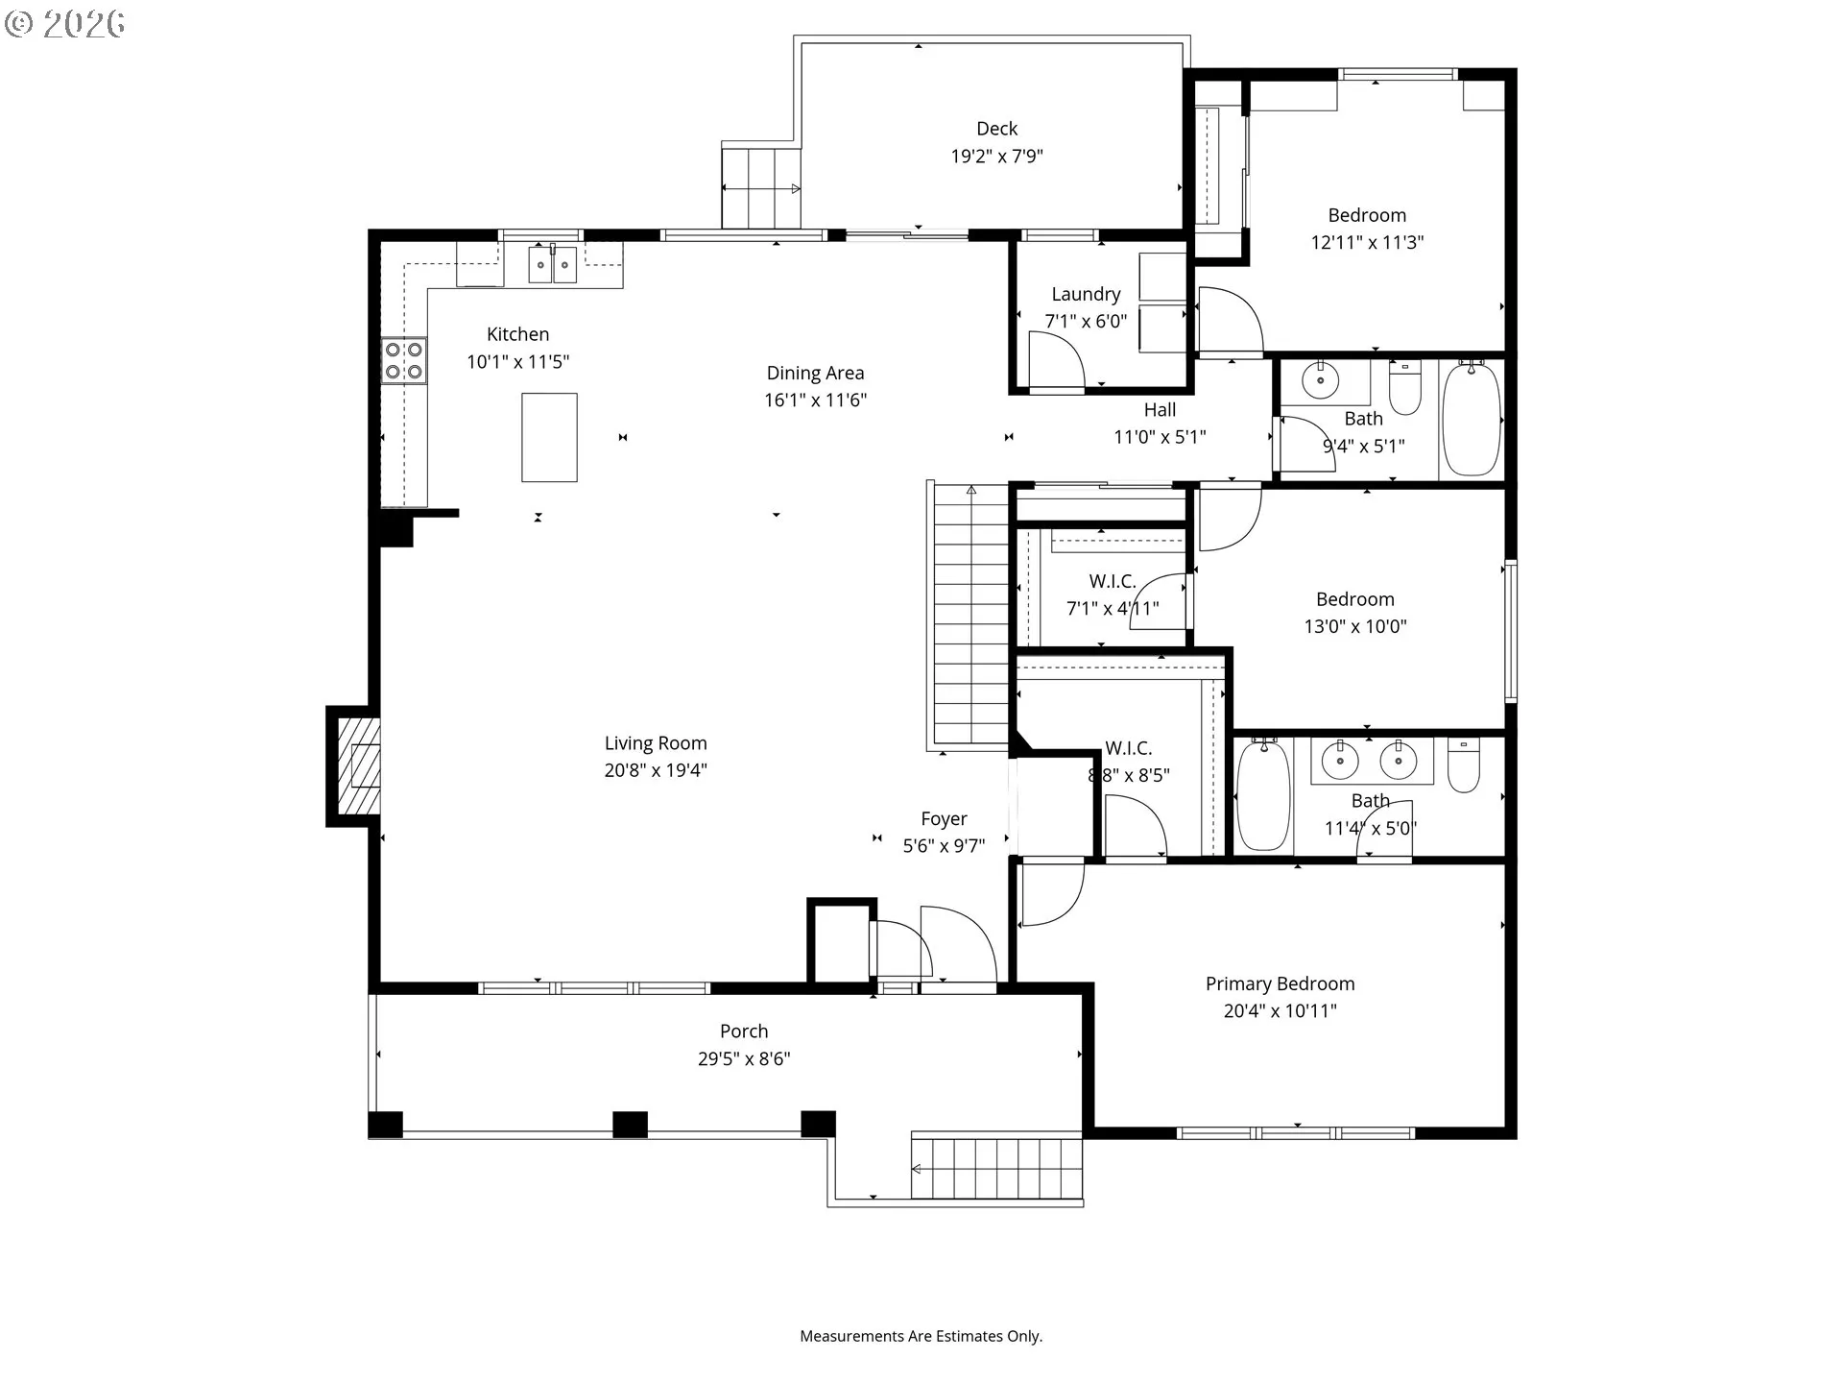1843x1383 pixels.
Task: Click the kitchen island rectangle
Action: [x=549, y=437]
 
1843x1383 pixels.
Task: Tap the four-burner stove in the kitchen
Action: [x=404, y=361]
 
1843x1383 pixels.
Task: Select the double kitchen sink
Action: [x=552, y=264]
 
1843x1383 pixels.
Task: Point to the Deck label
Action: [x=996, y=129]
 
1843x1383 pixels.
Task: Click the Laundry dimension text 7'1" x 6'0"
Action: [x=1086, y=321]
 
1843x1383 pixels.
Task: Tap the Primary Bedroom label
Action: [x=1280, y=983]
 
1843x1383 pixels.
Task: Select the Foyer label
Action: [x=944, y=818]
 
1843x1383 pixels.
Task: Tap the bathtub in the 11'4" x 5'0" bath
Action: [x=1262, y=794]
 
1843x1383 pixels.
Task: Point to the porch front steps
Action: [x=996, y=1168]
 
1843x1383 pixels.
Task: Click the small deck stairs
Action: [x=760, y=188]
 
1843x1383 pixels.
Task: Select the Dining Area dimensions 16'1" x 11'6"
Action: [x=815, y=400]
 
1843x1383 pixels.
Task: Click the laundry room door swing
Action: [x=1055, y=360]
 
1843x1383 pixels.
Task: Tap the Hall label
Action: [x=1160, y=410]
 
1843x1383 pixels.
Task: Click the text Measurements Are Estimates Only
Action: [x=921, y=1336]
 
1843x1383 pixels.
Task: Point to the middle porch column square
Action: [x=630, y=1125]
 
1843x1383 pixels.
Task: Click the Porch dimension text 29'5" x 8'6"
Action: [x=744, y=1058]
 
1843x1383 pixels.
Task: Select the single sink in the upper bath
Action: [x=1321, y=380]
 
